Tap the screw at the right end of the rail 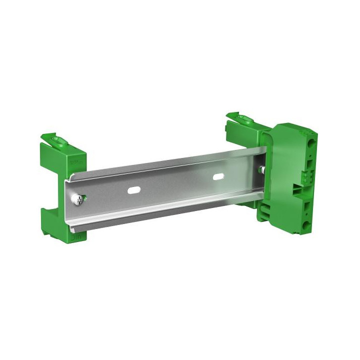(x=260, y=170)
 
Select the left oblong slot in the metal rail (x=134, y=190)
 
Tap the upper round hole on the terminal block (x=311, y=143)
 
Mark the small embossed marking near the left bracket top (x=75, y=162)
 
